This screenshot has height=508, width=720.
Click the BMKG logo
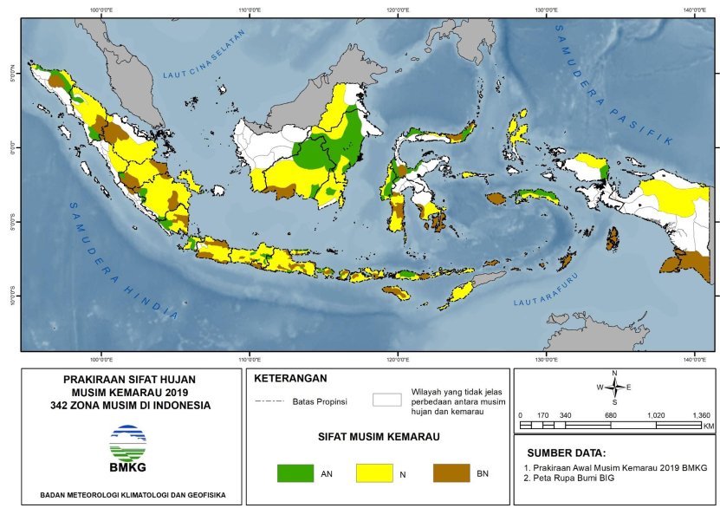(x=127, y=446)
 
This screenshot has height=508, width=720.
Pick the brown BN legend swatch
(x=450, y=473)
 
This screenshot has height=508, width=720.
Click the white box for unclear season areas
(x=386, y=401)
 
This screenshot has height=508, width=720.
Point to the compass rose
(x=614, y=388)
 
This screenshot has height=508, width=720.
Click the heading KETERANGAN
(x=290, y=379)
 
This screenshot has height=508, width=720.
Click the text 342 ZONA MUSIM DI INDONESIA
(x=130, y=405)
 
